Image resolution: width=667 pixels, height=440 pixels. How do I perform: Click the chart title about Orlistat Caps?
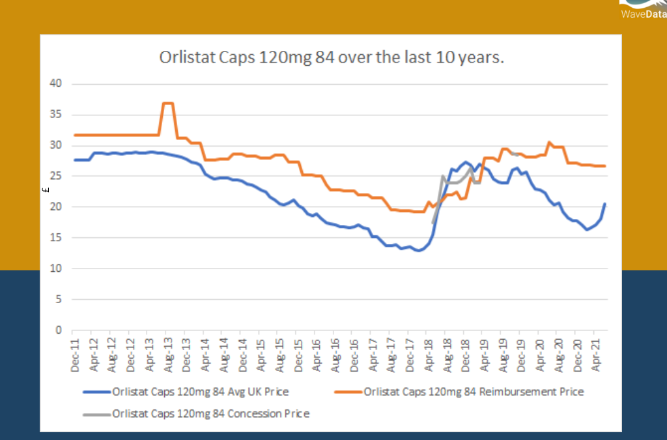(332, 57)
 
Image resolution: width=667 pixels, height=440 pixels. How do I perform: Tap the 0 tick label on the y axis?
(59, 330)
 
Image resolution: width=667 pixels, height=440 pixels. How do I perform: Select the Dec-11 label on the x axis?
(75, 355)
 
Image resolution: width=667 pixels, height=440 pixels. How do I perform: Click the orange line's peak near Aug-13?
(167, 103)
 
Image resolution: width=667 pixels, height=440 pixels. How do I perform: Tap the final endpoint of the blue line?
(605, 204)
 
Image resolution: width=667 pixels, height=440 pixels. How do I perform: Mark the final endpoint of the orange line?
(605, 166)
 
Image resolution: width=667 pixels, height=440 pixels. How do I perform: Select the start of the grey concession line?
(433, 223)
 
